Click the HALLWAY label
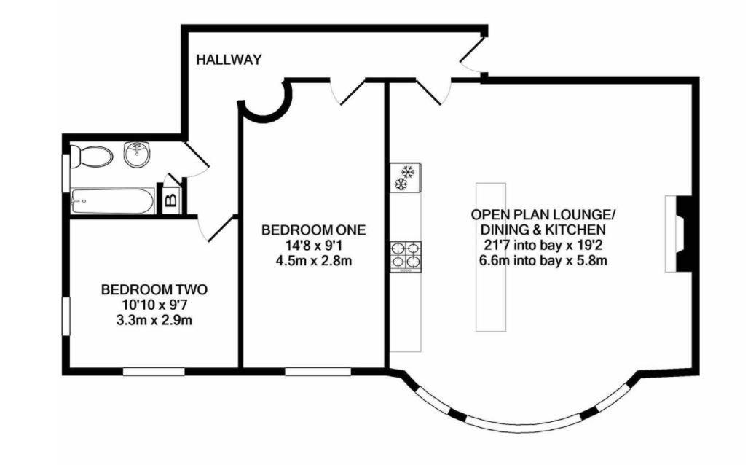pyautogui.click(x=229, y=60)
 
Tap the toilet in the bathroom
pyautogui.click(x=91, y=157)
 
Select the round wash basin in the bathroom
pyautogui.click(x=138, y=155)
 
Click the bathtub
pyautogui.click(x=113, y=200)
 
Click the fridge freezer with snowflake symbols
pyautogui.click(x=405, y=177)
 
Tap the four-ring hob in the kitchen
pyautogui.click(x=406, y=256)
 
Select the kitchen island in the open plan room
pyautogui.click(x=491, y=257)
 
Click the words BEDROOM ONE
pyautogui.click(x=313, y=230)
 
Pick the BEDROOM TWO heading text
pyautogui.click(x=154, y=289)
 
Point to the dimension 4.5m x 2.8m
pyautogui.click(x=313, y=261)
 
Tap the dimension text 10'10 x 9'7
pyautogui.click(x=154, y=305)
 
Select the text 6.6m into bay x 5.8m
pyautogui.click(x=543, y=261)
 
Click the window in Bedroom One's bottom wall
pyautogui.click(x=318, y=372)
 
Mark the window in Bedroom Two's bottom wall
pyautogui.click(x=154, y=372)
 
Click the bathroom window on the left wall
pyautogui.click(x=66, y=173)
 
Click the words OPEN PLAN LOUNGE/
pyautogui.click(x=543, y=214)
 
